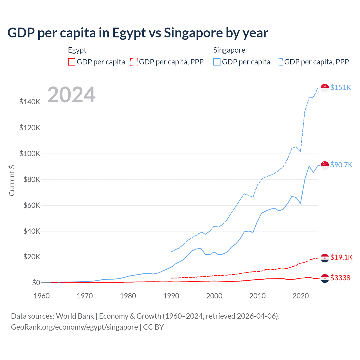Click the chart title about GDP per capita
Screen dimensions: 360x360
coord(138,33)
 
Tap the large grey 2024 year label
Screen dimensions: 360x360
coord(71,95)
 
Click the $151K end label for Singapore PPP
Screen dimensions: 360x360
coord(341,87)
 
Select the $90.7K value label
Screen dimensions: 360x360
coord(341,165)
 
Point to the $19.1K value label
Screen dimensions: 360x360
coord(341,257)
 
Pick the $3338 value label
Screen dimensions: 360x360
coord(340,278)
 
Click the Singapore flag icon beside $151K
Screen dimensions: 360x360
coord(325,88)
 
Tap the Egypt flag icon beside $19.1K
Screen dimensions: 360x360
coord(325,258)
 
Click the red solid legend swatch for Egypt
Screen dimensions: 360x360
coord(72,62)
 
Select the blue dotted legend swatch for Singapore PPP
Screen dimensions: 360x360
coord(279,62)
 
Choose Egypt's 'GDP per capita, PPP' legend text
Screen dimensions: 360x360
coord(171,62)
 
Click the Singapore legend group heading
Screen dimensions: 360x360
coord(229,50)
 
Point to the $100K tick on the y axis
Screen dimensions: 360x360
coord(30,154)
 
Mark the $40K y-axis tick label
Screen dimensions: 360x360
coord(30,231)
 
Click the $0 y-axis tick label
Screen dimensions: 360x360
coord(36,283)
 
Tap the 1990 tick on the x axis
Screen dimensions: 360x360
coord(171,296)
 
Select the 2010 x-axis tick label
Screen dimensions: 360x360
coord(257,296)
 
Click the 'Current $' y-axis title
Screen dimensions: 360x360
coord(12,181)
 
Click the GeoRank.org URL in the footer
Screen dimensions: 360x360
coord(74,327)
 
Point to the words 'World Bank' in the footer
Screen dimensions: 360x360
coord(75,316)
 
